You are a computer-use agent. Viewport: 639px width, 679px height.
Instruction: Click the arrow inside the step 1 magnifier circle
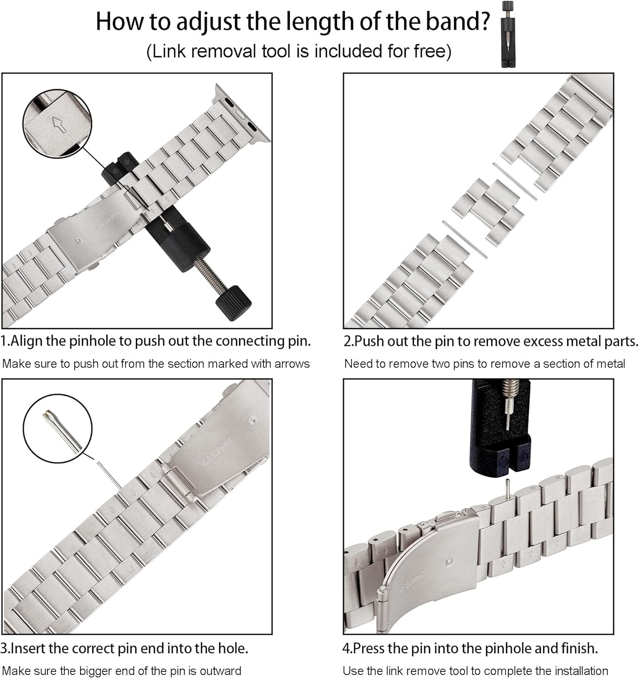point(59,124)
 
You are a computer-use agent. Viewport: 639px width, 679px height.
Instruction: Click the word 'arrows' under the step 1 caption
point(292,363)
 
